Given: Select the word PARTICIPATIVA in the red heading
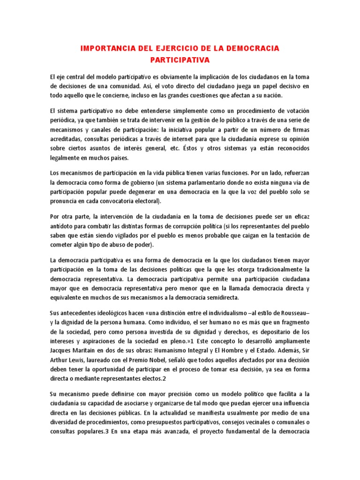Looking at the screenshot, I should [180, 60].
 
